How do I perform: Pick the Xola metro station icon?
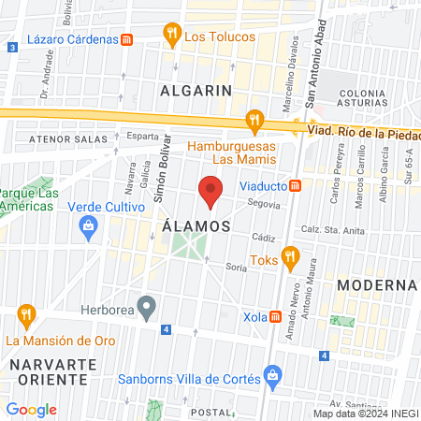point(275,317)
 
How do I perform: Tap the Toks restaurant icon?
point(290,254)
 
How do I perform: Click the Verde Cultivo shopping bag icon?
point(89,225)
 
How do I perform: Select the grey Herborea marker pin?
point(146,305)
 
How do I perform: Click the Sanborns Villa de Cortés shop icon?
point(272,378)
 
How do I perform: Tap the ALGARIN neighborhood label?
point(196,91)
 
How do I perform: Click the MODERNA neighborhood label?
point(376,284)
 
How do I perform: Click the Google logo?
point(32,409)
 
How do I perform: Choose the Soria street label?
point(236,267)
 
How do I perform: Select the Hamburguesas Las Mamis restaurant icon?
point(253,120)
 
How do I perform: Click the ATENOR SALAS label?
point(60,139)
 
